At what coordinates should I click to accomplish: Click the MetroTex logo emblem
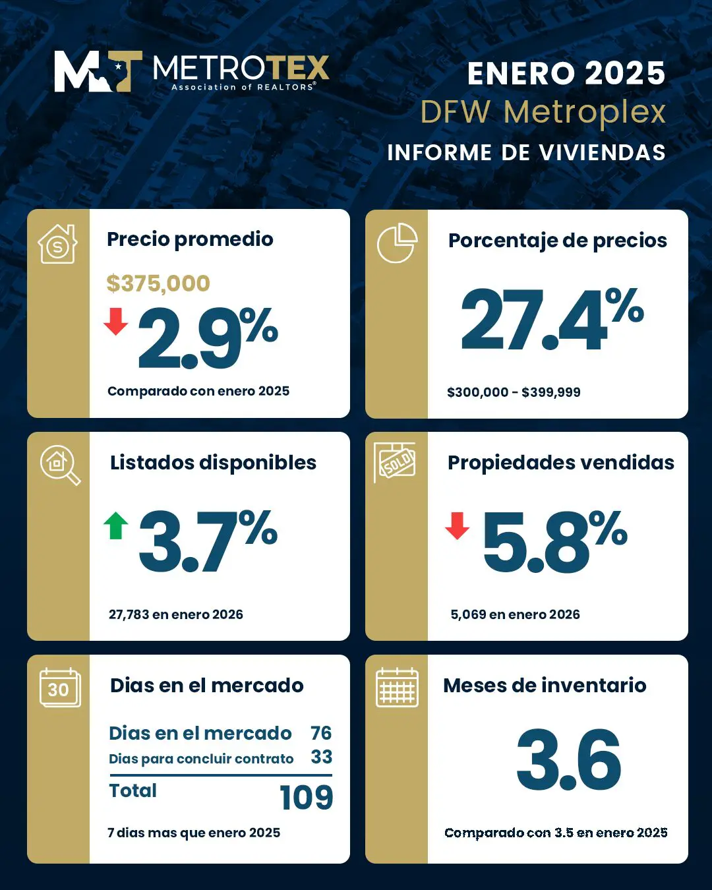click(x=98, y=71)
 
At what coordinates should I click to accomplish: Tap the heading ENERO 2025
click(x=566, y=73)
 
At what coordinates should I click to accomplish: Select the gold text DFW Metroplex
click(x=543, y=112)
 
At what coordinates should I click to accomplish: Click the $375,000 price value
click(x=158, y=283)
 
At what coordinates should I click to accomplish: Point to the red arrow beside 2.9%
click(x=116, y=321)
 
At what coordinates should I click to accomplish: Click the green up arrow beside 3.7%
click(x=116, y=525)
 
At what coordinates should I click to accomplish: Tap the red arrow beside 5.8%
click(x=457, y=525)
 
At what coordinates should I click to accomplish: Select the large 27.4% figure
click(x=552, y=320)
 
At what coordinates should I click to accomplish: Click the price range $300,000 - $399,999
click(x=514, y=392)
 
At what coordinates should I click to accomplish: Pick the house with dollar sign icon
click(x=58, y=244)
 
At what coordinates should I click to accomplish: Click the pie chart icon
click(x=397, y=243)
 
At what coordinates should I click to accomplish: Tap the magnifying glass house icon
click(x=59, y=465)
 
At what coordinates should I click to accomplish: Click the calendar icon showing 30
click(x=59, y=688)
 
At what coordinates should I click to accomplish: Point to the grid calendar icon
click(x=397, y=688)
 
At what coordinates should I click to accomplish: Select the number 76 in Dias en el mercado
click(x=321, y=733)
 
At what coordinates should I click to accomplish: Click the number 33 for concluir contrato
click(x=321, y=757)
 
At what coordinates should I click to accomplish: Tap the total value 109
click(x=306, y=798)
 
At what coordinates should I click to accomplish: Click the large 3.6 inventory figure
click(x=568, y=760)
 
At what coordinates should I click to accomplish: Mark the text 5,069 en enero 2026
click(x=515, y=614)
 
